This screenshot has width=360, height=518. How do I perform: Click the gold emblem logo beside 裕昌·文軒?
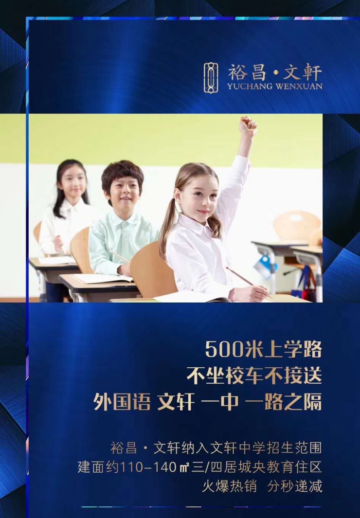[x=211, y=77]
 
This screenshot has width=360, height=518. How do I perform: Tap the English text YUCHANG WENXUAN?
[x=274, y=87]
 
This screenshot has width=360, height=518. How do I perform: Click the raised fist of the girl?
[x=248, y=126]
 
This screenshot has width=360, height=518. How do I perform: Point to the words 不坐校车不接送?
[x=254, y=375]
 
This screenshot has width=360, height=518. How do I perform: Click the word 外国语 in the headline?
[x=122, y=402]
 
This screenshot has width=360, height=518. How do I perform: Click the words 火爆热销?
[x=229, y=486]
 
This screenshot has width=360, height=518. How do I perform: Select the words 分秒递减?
[x=295, y=486]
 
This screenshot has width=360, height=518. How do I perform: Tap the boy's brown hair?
[x=122, y=175]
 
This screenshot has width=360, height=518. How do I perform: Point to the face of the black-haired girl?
[x=72, y=182]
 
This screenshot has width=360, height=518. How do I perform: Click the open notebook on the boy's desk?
[x=102, y=278]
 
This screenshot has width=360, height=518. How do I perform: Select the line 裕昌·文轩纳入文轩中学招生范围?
[x=216, y=448]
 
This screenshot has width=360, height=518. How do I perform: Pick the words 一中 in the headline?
[x=219, y=402]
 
